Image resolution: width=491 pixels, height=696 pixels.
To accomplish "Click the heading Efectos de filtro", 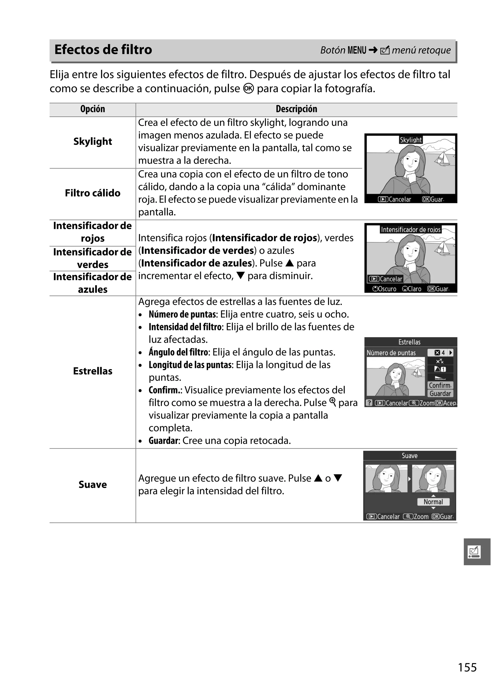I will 103,50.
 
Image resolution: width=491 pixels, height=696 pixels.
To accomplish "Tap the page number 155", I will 467,667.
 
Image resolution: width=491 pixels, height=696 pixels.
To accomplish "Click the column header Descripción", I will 296,109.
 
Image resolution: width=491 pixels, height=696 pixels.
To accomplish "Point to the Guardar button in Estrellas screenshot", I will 440,393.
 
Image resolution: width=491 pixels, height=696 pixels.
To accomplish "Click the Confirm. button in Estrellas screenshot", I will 440,385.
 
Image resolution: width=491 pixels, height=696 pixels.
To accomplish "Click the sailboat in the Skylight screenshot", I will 443,158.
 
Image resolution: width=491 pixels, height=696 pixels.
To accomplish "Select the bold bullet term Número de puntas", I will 183,314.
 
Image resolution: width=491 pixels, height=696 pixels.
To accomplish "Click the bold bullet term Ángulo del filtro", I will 179,352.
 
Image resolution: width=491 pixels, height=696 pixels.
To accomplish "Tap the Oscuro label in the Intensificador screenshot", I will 384,289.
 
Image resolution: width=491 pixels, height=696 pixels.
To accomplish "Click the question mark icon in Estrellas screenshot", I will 369,403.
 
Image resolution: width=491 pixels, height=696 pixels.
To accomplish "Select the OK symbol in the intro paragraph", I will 248,89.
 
